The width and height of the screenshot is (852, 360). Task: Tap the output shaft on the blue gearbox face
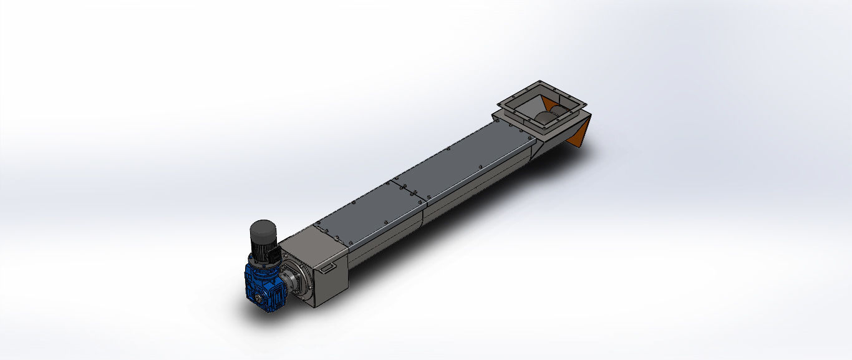tap(256, 299)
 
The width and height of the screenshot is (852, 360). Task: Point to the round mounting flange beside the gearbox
tap(296, 282)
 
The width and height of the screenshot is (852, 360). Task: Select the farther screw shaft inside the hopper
tap(560, 113)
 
